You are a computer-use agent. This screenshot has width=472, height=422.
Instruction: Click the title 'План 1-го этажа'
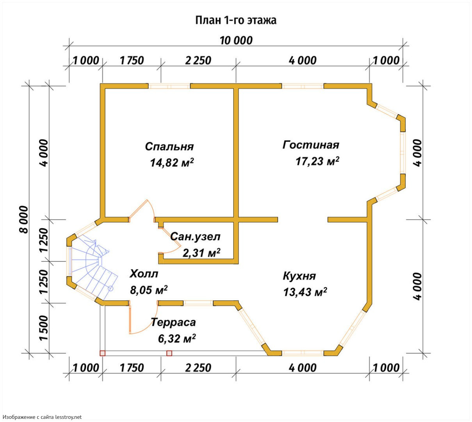coord(235,20)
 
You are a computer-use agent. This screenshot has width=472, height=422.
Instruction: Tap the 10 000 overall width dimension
coord(236,41)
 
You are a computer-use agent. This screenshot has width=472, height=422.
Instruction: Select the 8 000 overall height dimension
coord(24,219)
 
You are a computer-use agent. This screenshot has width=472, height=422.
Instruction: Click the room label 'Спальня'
coord(169,147)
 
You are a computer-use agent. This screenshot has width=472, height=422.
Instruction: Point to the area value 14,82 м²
coord(172,162)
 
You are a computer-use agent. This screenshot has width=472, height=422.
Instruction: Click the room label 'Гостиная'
coord(311,145)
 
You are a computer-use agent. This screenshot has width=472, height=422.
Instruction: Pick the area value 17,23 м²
coord(317,161)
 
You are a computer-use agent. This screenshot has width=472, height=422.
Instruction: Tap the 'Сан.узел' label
coord(195,237)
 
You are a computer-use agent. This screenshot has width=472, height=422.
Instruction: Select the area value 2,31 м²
coord(201,253)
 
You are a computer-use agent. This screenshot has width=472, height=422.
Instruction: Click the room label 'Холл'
coord(144,274)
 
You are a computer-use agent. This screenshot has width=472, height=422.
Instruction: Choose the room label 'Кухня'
coord(299,276)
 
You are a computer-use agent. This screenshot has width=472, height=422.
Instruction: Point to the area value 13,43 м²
coord(305,292)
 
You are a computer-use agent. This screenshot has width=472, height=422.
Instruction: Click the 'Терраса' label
coord(173,322)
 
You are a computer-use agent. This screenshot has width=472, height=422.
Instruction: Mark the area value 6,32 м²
coord(176,338)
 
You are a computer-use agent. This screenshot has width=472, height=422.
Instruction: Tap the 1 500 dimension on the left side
coord(44,328)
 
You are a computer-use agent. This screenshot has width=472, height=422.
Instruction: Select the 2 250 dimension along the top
coord(198,61)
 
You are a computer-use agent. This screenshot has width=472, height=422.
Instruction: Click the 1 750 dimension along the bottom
coord(132,368)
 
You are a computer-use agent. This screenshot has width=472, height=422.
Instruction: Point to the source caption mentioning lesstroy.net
coord(42,417)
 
